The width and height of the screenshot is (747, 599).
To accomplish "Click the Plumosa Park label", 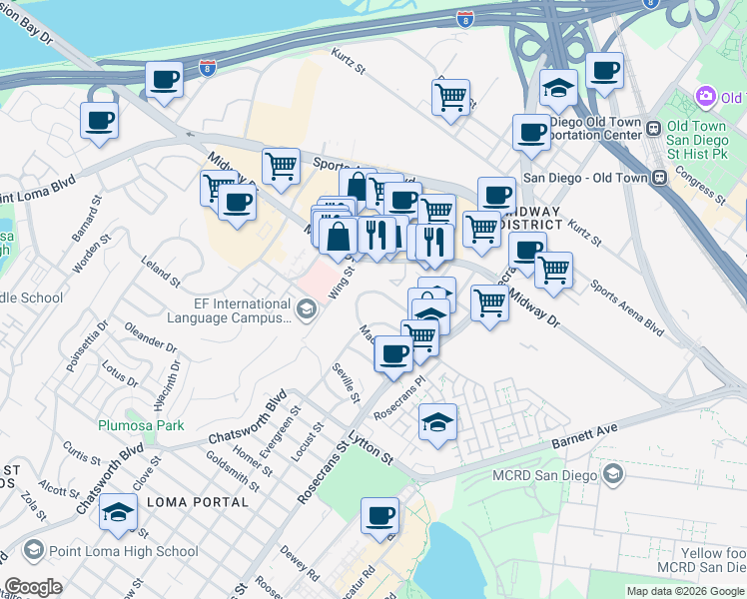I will pos(141,425).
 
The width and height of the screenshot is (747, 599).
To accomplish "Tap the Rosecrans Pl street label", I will pos(399,396).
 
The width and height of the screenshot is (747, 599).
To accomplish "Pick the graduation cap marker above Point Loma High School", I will pos(119,512).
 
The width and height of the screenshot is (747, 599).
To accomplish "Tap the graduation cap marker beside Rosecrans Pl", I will pos(437,422).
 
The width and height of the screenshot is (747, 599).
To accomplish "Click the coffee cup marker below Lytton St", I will pos(379,516).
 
